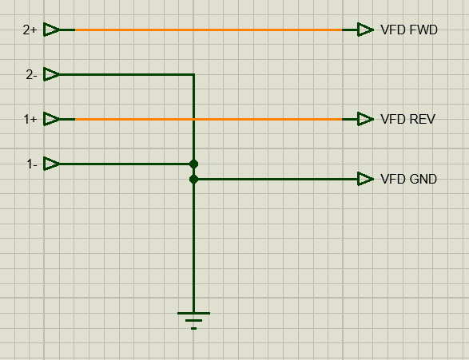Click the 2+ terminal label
click(30, 30)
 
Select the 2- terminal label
click(31, 75)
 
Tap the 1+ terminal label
click(30, 119)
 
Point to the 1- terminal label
click(32, 164)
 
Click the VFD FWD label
click(409, 30)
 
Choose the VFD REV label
click(407, 119)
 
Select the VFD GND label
click(408, 180)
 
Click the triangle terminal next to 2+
click(51, 30)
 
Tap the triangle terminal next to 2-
click(51, 74)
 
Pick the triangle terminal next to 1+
click(51, 119)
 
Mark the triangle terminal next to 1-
click(51, 164)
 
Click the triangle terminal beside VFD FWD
click(365, 30)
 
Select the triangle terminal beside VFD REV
click(365, 119)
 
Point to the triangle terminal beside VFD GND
click(365, 180)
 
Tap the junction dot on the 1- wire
click(193, 164)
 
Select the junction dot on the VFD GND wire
click(193, 180)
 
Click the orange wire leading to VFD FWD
click(209, 30)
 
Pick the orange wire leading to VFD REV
click(209, 119)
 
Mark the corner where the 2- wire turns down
click(194, 74)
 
